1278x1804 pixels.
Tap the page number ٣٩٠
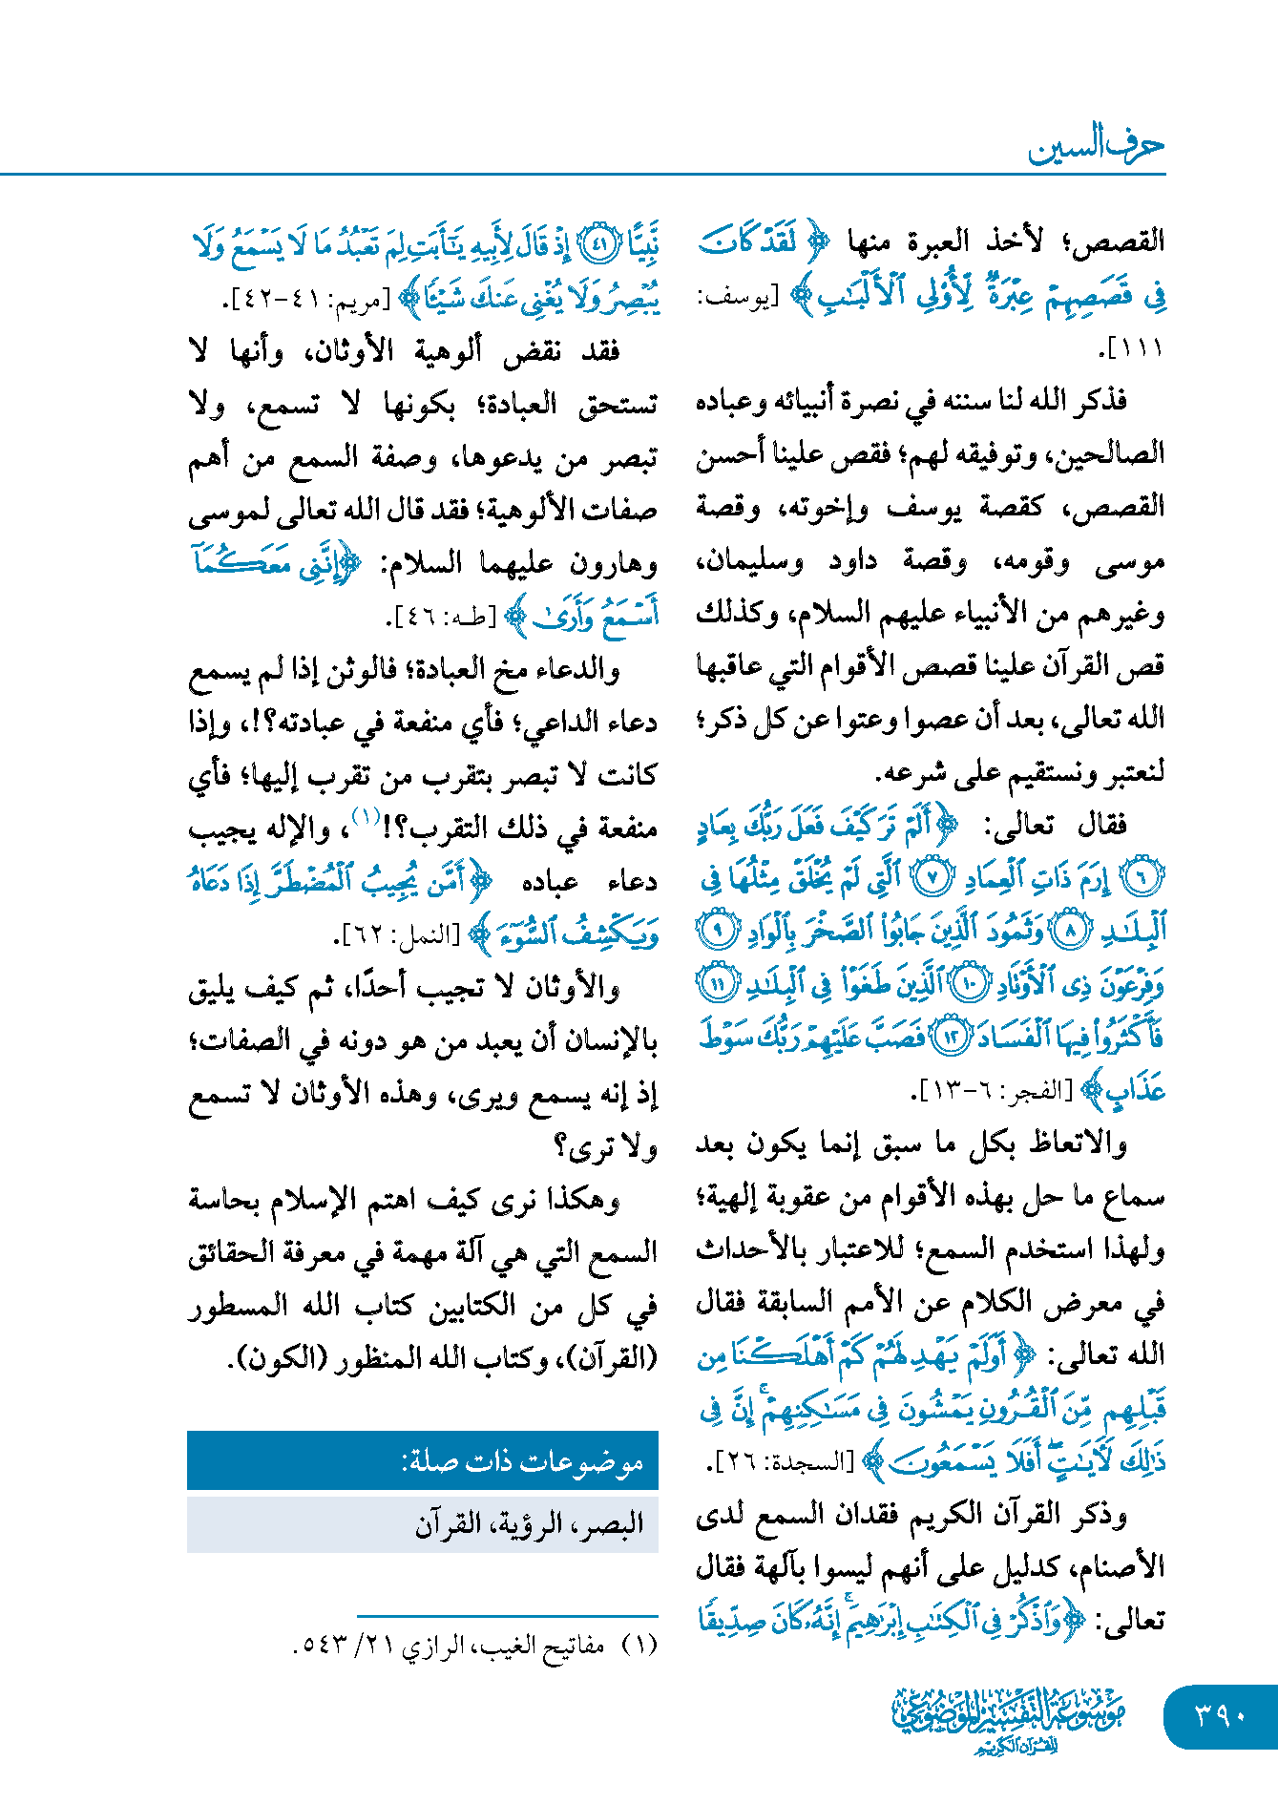pos(1221,1716)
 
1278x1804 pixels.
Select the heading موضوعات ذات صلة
pos(522,1461)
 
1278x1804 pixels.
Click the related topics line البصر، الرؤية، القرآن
pos(529,1523)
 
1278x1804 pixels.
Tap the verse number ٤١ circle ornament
pos(597,246)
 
